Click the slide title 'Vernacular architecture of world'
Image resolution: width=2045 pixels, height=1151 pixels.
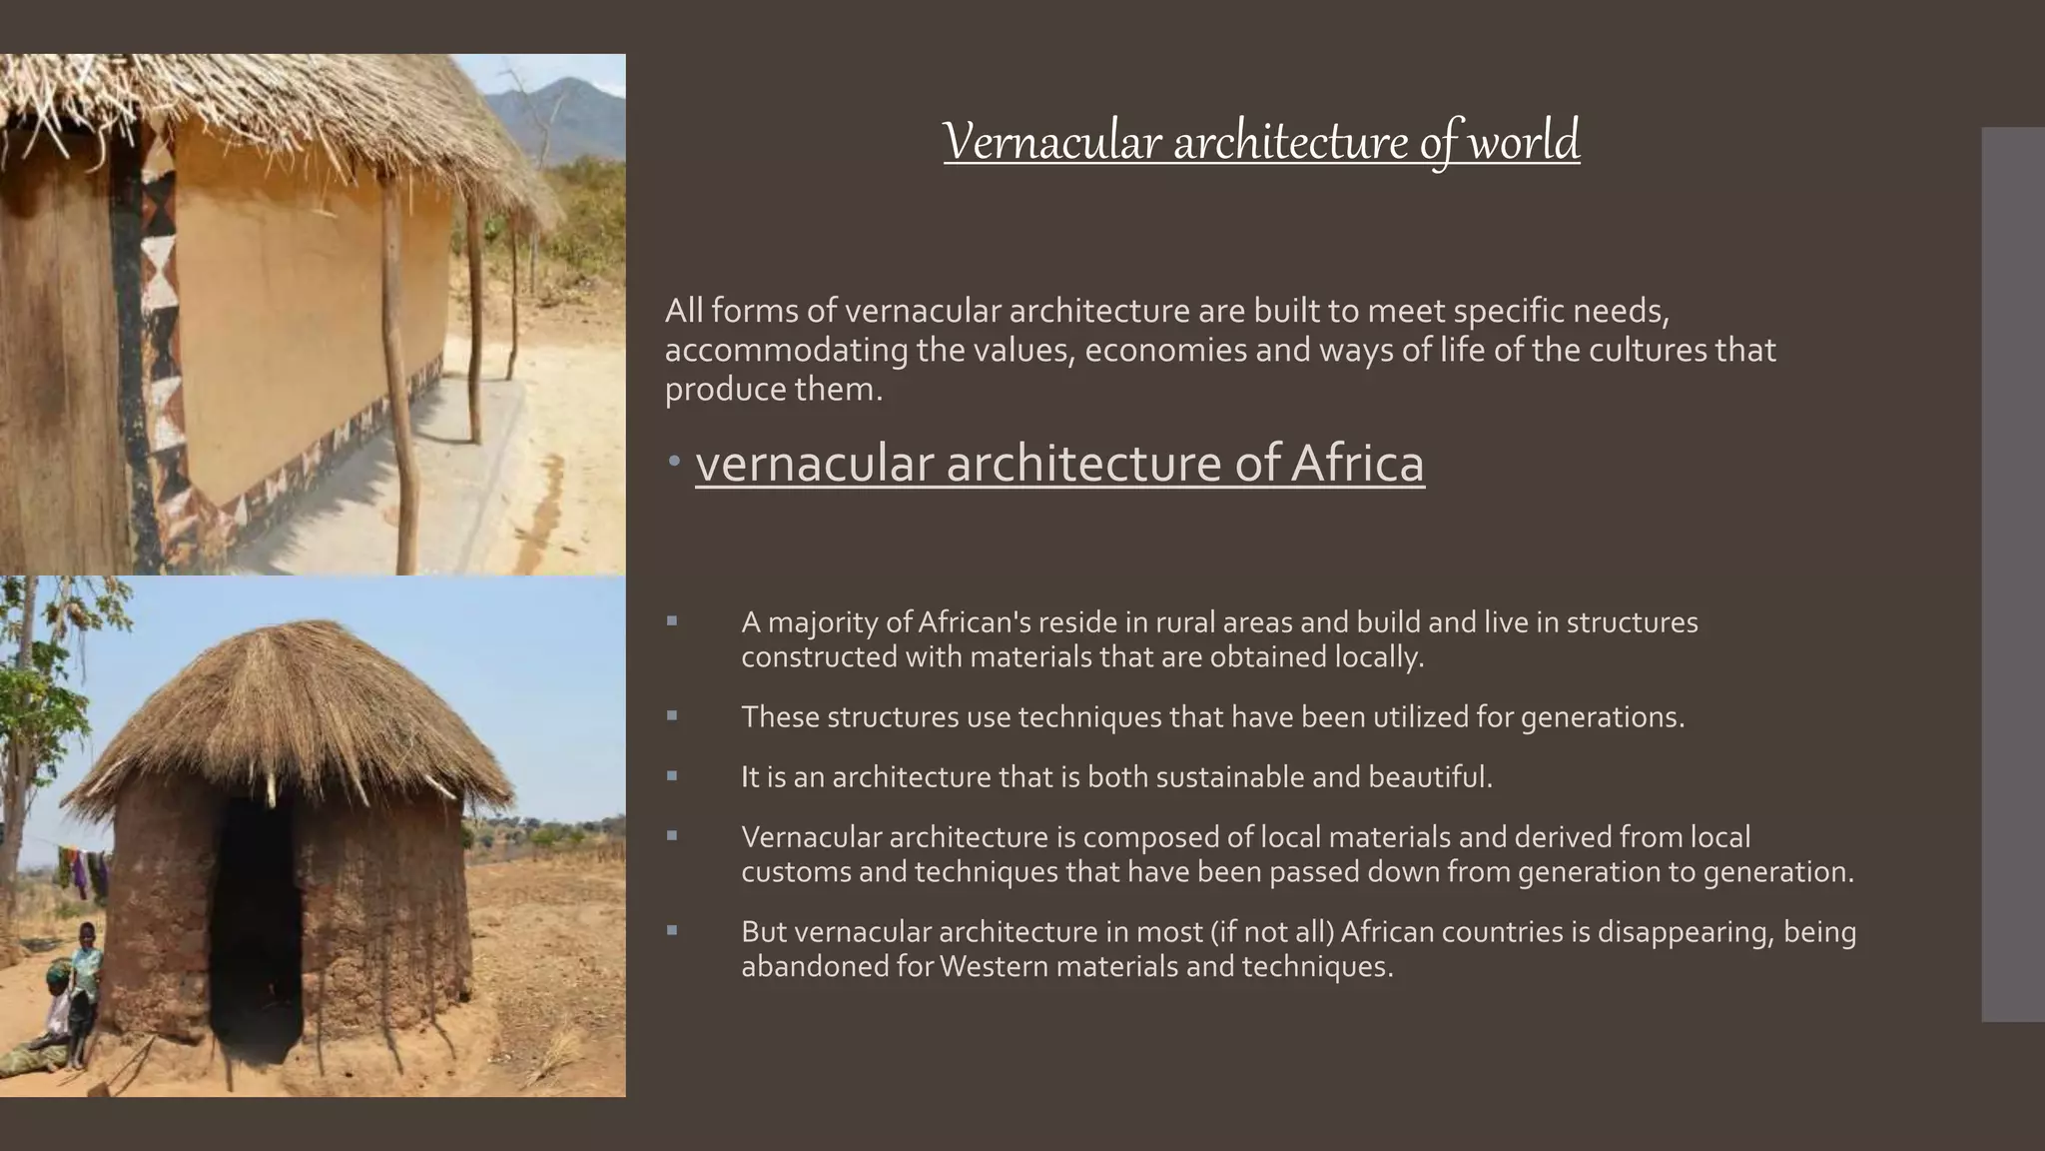pyautogui.click(x=1261, y=141)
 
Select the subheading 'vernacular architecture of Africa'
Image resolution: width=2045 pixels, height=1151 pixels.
pyautogui.click(x=1059, y=464)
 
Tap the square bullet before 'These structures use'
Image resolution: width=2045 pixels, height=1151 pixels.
pyautogui.click(x=672, y=715)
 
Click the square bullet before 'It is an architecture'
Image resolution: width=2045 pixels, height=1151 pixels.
pyautogui.click(x=672, y=775)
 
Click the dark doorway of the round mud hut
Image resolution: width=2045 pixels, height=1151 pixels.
pyautogui.click(x=256, y=929)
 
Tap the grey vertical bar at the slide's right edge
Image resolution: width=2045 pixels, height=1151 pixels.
pyautogui.click(x=2012, y=575)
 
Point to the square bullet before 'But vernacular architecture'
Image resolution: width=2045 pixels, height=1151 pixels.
pyautogui.click(x=672, y=930)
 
